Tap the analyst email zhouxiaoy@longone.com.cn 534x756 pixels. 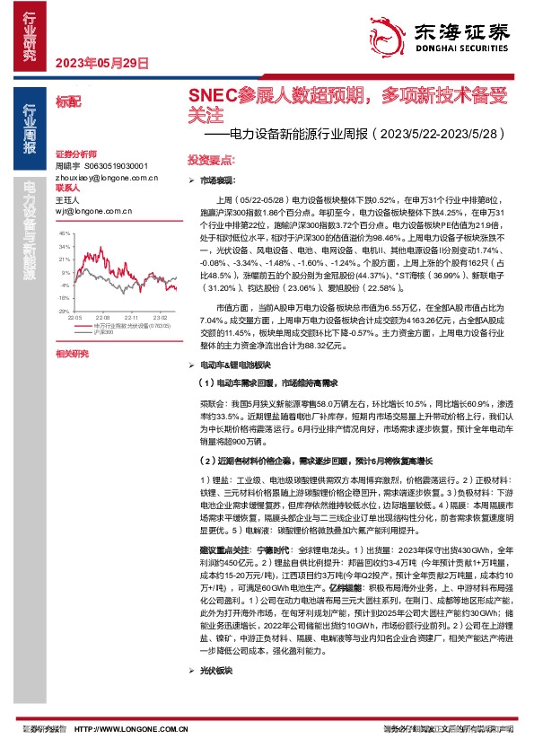tap(94, 178)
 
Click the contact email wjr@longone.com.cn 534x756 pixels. tap(85, 211)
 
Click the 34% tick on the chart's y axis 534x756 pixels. tap(63, 245)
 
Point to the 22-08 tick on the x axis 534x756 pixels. tap(102, 318)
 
